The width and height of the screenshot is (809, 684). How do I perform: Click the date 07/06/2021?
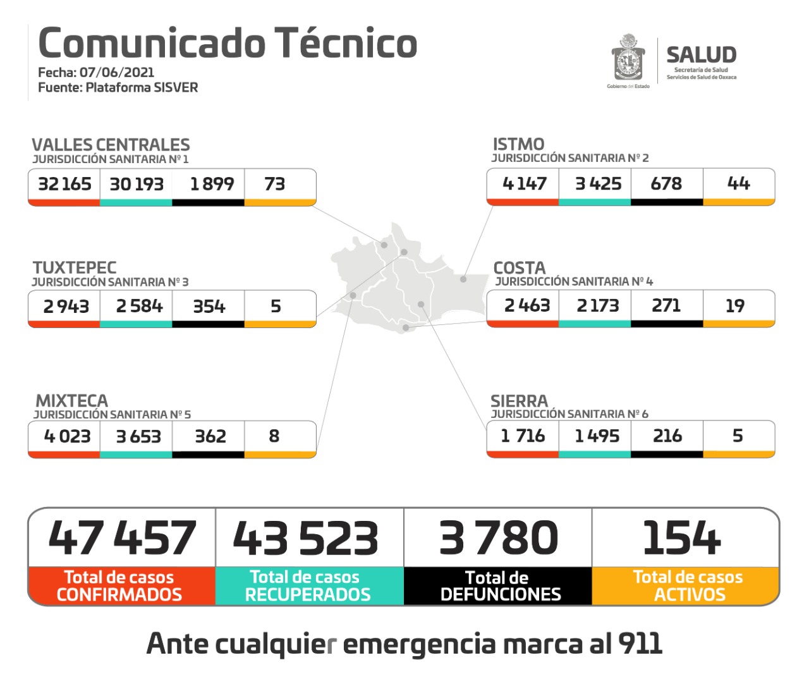(x=117, y=72)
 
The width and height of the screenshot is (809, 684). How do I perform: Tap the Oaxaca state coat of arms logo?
(x=628, y=59)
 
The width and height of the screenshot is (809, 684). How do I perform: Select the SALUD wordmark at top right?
(x=701, y=55)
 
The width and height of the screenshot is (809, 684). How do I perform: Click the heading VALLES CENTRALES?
(x=111, y=145)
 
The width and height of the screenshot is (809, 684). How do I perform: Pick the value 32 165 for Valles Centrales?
(x=64, y=184)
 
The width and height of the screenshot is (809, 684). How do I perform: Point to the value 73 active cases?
(x=275, y=184)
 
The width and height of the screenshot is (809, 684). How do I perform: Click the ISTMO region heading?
(x=518, y=144)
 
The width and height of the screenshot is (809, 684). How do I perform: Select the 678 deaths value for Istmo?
(x=666, y=183)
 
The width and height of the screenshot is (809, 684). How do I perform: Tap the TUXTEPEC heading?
(x=75, y=267)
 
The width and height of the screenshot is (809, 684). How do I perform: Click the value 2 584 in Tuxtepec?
(x=139, y=306)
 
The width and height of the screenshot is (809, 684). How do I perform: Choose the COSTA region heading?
(x=519, y=267)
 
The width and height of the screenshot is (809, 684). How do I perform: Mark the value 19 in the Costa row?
(x=735, y=306)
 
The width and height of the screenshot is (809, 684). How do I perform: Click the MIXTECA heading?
(x=71, y=401)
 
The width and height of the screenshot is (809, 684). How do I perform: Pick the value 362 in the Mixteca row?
(x=210, y=436)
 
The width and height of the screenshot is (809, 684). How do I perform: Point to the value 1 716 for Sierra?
(x=523, y=436)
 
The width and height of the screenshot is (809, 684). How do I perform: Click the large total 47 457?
(x=122, y=538)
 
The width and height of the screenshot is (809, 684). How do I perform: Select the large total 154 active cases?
(x=681, y=538)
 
